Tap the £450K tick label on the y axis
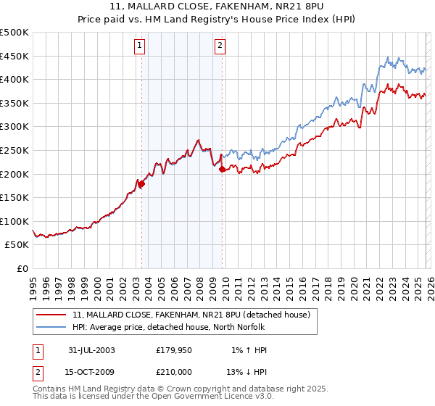14,56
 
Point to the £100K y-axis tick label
14,221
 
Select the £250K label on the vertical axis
14,150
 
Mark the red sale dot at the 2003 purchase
142,184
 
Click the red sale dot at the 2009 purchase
222,170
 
